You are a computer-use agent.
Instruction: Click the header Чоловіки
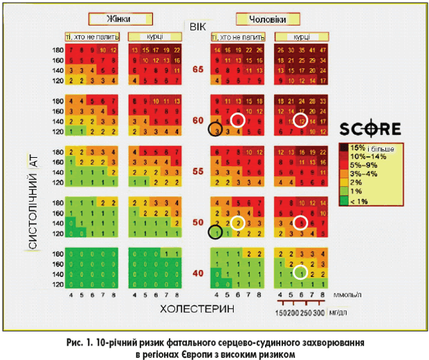click(x=262, y=19)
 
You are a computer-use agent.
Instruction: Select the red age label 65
click(x=198, y=69)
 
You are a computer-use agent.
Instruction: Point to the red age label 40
click(x=198, y=273)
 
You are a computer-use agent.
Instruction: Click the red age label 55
click(x=198, y=170)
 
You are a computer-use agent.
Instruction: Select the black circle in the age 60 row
click(x=215, y=129)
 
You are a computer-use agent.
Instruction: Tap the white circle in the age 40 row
click(x=300, y=272)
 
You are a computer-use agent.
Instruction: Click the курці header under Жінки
click(x=154, y=35)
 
